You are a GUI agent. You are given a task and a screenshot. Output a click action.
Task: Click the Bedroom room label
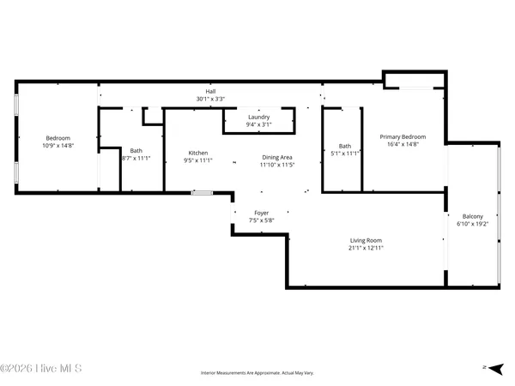[58, 138]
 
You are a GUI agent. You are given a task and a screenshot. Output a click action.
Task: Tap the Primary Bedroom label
[403, 136]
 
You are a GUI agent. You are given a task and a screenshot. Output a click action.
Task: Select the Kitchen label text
[198, 154]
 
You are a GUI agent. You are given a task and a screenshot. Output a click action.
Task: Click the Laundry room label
[259, 117]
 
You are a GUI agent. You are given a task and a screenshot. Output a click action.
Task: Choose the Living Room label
[365, 240]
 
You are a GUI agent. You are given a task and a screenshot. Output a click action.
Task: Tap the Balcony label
[473, 216]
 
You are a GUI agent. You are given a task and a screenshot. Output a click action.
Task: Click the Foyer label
[261, 213]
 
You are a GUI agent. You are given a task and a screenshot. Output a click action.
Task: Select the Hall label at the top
[210, 91]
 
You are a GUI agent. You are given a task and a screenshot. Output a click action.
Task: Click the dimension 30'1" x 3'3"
[210, 99]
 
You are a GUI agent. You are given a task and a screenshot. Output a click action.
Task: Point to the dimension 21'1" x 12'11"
[365, 248]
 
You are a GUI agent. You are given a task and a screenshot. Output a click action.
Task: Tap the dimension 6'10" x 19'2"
[473, 224]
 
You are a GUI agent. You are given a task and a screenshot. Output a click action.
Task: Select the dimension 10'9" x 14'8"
[58, 146]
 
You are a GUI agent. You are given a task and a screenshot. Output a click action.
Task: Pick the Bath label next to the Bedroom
[136, 151]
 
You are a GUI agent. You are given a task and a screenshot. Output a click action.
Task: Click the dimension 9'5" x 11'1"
[198, 161]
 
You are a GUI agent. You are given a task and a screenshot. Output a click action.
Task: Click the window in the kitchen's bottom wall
[202, 193]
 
